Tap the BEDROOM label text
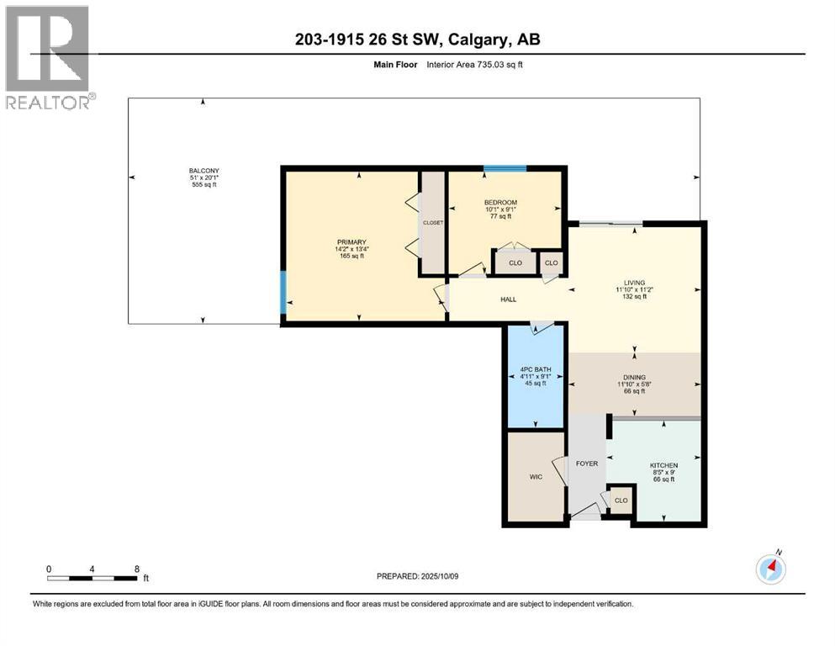click(500, 203)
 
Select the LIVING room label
click(633, 283)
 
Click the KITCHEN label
click(663, 465)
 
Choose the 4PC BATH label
click(534, 369)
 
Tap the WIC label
click(536, 477)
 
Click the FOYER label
click(586, 463)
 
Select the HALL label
click(508, 299)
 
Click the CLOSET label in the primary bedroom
click(433, 223)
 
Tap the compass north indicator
click(770, 569)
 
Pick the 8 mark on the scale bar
click(137, 569)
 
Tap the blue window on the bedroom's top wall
click(505, 169)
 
